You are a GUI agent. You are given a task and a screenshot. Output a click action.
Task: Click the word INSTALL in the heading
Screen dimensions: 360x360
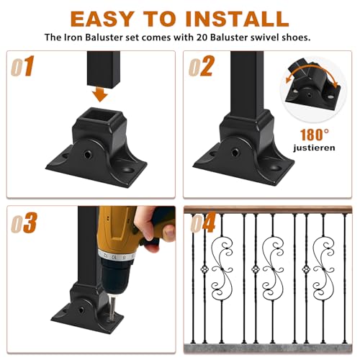click(237, 19)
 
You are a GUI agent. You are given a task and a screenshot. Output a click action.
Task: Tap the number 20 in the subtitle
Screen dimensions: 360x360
click(202, 37)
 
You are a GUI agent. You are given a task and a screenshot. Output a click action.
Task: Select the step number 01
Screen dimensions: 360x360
click(22, 66)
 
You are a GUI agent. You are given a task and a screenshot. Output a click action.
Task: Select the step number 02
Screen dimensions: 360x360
click(202, 66)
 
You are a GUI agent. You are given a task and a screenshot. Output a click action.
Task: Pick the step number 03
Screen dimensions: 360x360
click(24, 222)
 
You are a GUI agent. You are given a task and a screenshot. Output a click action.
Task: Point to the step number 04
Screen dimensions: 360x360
click(203, 222)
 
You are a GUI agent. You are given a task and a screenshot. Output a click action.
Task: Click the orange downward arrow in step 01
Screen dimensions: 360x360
click(100, 94)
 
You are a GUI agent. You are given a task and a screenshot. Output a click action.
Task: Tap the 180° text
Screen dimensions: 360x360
click(315, 135)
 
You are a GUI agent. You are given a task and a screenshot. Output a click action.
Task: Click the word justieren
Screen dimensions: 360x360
click(314, 148)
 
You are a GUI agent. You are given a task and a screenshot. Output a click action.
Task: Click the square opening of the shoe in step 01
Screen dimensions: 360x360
click(100, 117)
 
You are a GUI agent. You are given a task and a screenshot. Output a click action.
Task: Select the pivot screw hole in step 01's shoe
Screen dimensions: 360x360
click(88, 154)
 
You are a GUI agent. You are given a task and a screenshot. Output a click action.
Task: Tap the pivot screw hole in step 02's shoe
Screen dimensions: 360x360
click(235, 152)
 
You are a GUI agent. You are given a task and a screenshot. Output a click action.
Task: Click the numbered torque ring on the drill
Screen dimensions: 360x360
click(117, 256)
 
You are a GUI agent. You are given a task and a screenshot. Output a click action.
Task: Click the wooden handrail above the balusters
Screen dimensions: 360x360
click(268, 210)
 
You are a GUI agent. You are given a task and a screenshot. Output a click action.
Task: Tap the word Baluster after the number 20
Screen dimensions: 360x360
click(229, 37)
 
